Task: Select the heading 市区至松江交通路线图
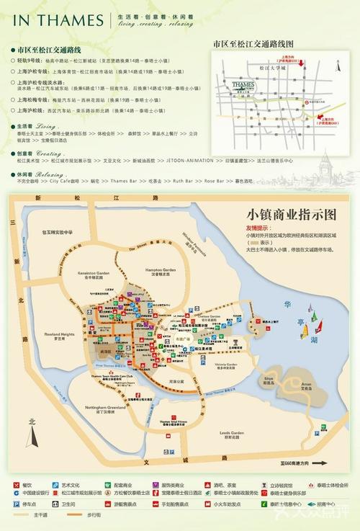[254, 45]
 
